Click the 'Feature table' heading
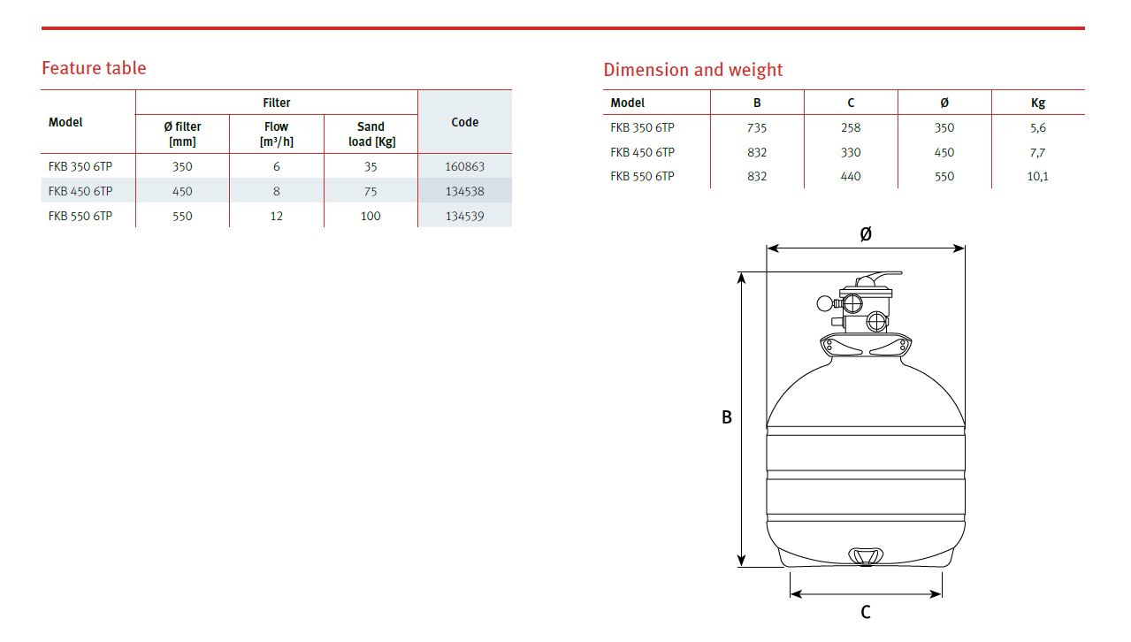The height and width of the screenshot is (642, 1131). (94, 68)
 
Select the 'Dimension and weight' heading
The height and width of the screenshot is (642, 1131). (692, 70)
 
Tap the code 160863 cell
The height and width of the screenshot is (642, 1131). (464, 166)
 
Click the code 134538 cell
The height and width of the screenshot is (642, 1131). (464, 191)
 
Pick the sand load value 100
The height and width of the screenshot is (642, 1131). (371, 216)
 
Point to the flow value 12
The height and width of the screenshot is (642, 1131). (276, 216)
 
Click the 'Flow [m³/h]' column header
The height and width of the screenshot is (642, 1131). (276, 134)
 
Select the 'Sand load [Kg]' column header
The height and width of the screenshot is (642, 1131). (371, 134)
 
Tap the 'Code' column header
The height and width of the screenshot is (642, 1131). (464, 122)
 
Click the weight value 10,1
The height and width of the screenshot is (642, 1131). (1037, 176)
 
